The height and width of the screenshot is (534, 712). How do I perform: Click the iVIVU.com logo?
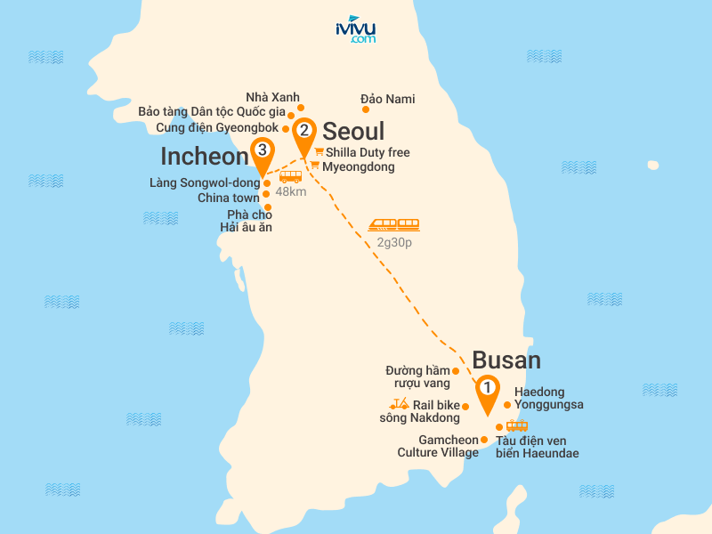click(x=355, y=29)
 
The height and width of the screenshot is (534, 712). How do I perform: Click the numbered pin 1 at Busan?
click(x=487, y=388)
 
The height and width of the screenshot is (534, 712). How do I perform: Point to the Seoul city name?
click(x=353, y=132)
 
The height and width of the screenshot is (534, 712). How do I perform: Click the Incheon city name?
click(x=204, y=157)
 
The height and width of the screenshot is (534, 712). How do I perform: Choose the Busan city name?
click(x=506, y=360)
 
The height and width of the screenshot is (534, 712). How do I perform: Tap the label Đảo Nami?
click(x=388, y=99)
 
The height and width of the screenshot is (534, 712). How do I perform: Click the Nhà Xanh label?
click(x=273, y=97)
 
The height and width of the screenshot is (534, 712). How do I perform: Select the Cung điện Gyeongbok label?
click(x=217, y=128)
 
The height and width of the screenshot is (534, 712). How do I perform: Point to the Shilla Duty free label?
click(x=368, y=153)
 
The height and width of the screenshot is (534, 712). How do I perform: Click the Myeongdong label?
click(x=359, y=166)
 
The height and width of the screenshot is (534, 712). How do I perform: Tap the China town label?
click(x=229, y=198)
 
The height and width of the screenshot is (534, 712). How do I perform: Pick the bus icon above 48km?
click(x=291, y=176)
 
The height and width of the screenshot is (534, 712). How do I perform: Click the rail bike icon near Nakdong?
click(x=399, y=405)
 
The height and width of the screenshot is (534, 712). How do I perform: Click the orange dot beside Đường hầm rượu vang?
click(x=457, y=370)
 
